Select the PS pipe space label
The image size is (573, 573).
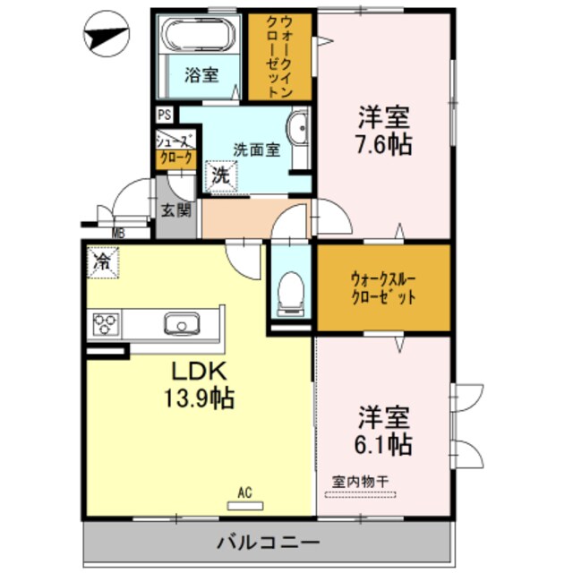(x=163, y=115)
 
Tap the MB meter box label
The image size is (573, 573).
(x=118, y=235)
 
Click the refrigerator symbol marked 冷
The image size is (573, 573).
(x=103, y=262)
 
